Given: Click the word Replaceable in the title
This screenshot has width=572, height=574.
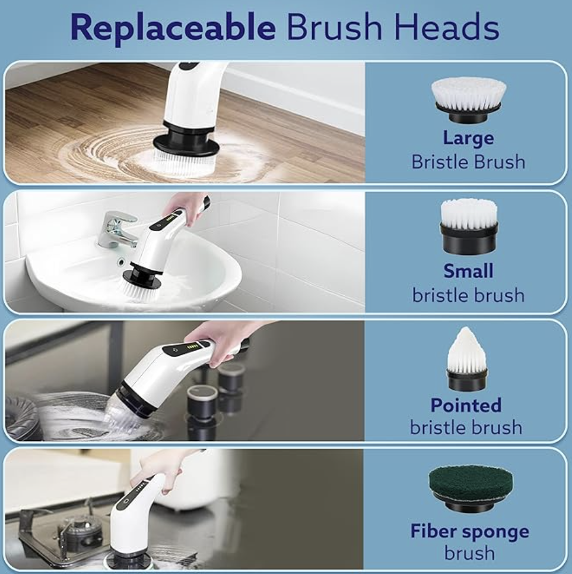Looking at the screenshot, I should (173, 28).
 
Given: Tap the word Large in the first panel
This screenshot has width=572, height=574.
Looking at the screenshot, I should (468, 138).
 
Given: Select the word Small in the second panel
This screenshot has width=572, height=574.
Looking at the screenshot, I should (468, 271).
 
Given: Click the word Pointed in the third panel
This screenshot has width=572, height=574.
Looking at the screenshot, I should (466, 405).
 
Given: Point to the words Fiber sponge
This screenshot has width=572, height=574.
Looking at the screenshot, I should (469, 531).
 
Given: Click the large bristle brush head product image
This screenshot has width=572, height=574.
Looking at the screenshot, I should (469, 98).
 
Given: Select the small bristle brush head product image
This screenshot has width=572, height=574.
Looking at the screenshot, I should (469, 225).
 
